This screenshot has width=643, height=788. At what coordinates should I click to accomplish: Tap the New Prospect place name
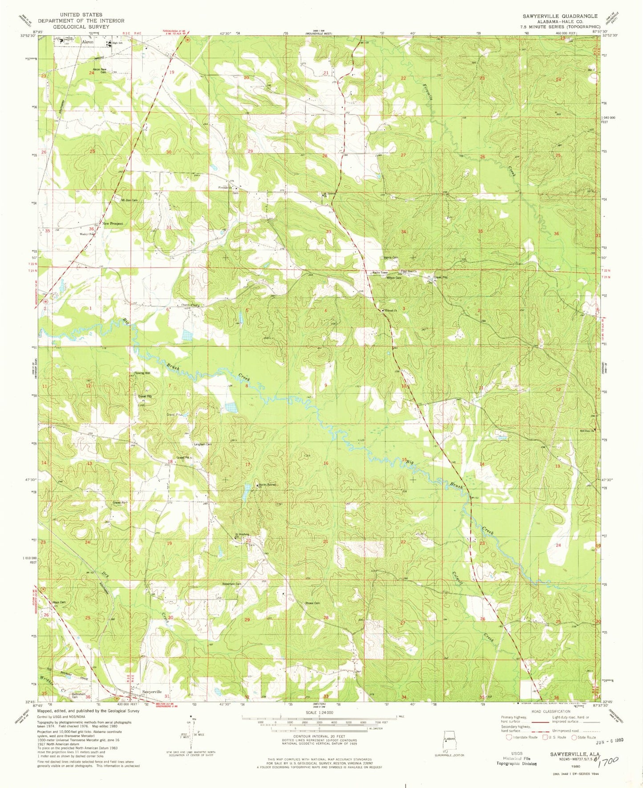point(113,223)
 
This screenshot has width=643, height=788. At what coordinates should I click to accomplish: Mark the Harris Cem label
point(391,258)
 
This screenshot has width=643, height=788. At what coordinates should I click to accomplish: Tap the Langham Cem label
point(202,444)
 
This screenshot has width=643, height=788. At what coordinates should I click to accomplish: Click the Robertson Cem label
point(232,584)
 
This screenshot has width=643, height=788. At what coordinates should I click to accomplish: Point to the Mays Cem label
point(59,602)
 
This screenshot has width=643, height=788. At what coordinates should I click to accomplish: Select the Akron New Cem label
point(99,70)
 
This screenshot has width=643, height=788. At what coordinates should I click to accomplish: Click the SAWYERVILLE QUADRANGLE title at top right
point(561,16)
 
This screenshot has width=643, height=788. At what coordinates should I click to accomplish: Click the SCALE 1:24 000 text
point(319,725)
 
